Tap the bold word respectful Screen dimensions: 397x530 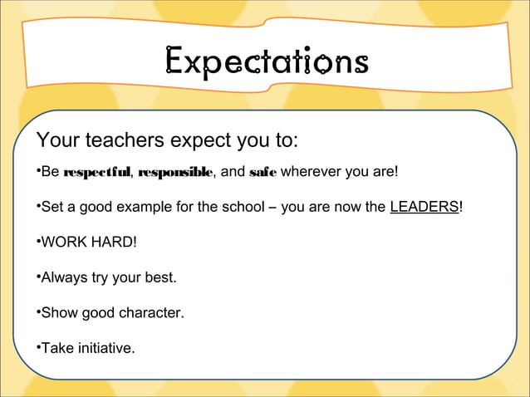(x=97, y=173)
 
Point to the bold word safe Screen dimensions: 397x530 (x=263, y=173)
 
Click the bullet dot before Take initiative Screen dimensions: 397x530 (x=38, y=346)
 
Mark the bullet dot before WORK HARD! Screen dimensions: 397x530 (x=38, y=242)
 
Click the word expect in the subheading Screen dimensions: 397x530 (x=200, y=138)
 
